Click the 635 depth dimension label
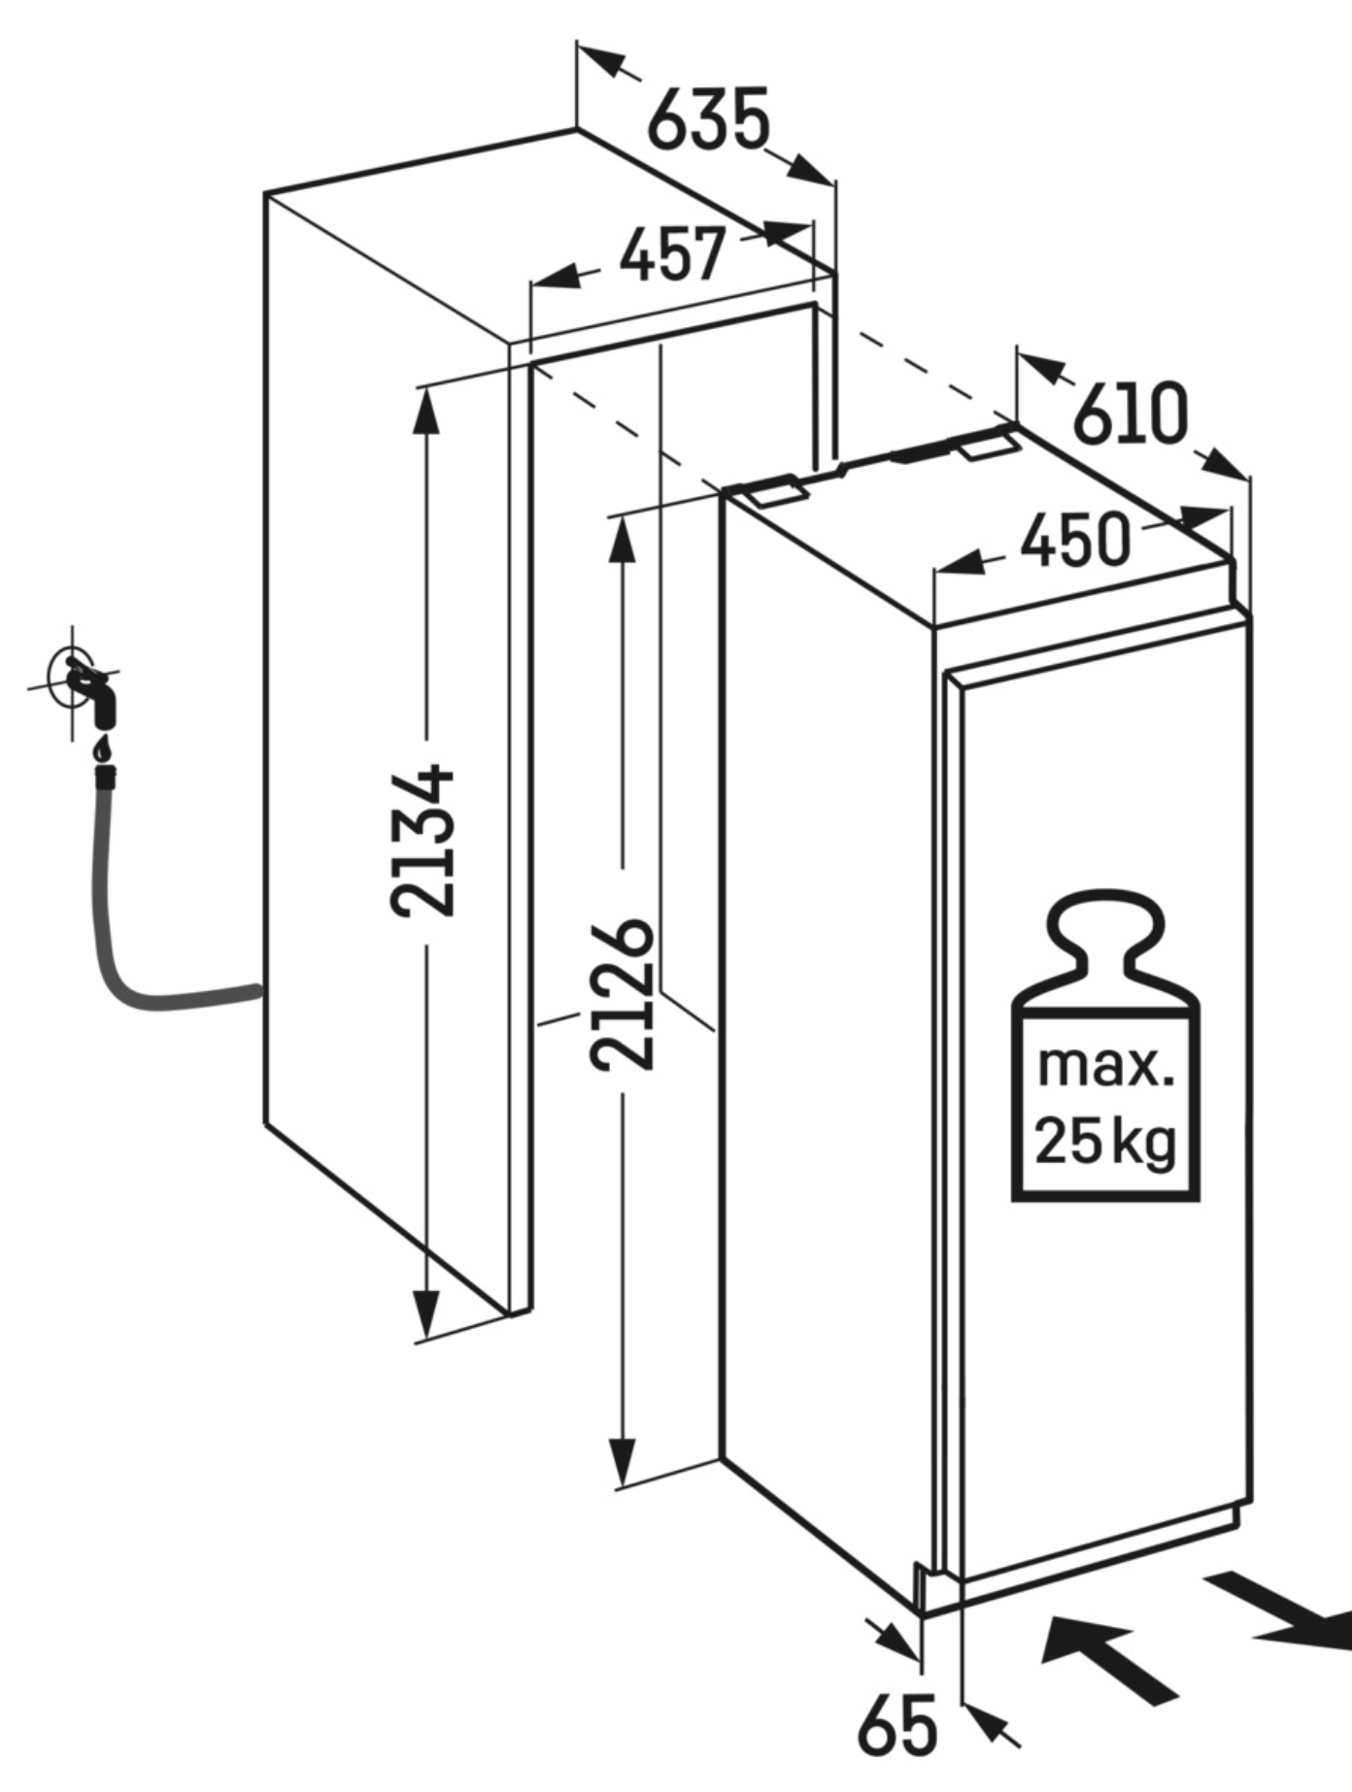pyautogui.click(x=708, y=119)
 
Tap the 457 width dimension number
pyautogui.click(x=672, y=254)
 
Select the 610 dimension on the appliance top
pyautogui.click(x=1130, y=415)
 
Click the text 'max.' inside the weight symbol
pyautogui.click(x=1105, y=1065)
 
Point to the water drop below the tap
pyautogui.click(x=101, y=750)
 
